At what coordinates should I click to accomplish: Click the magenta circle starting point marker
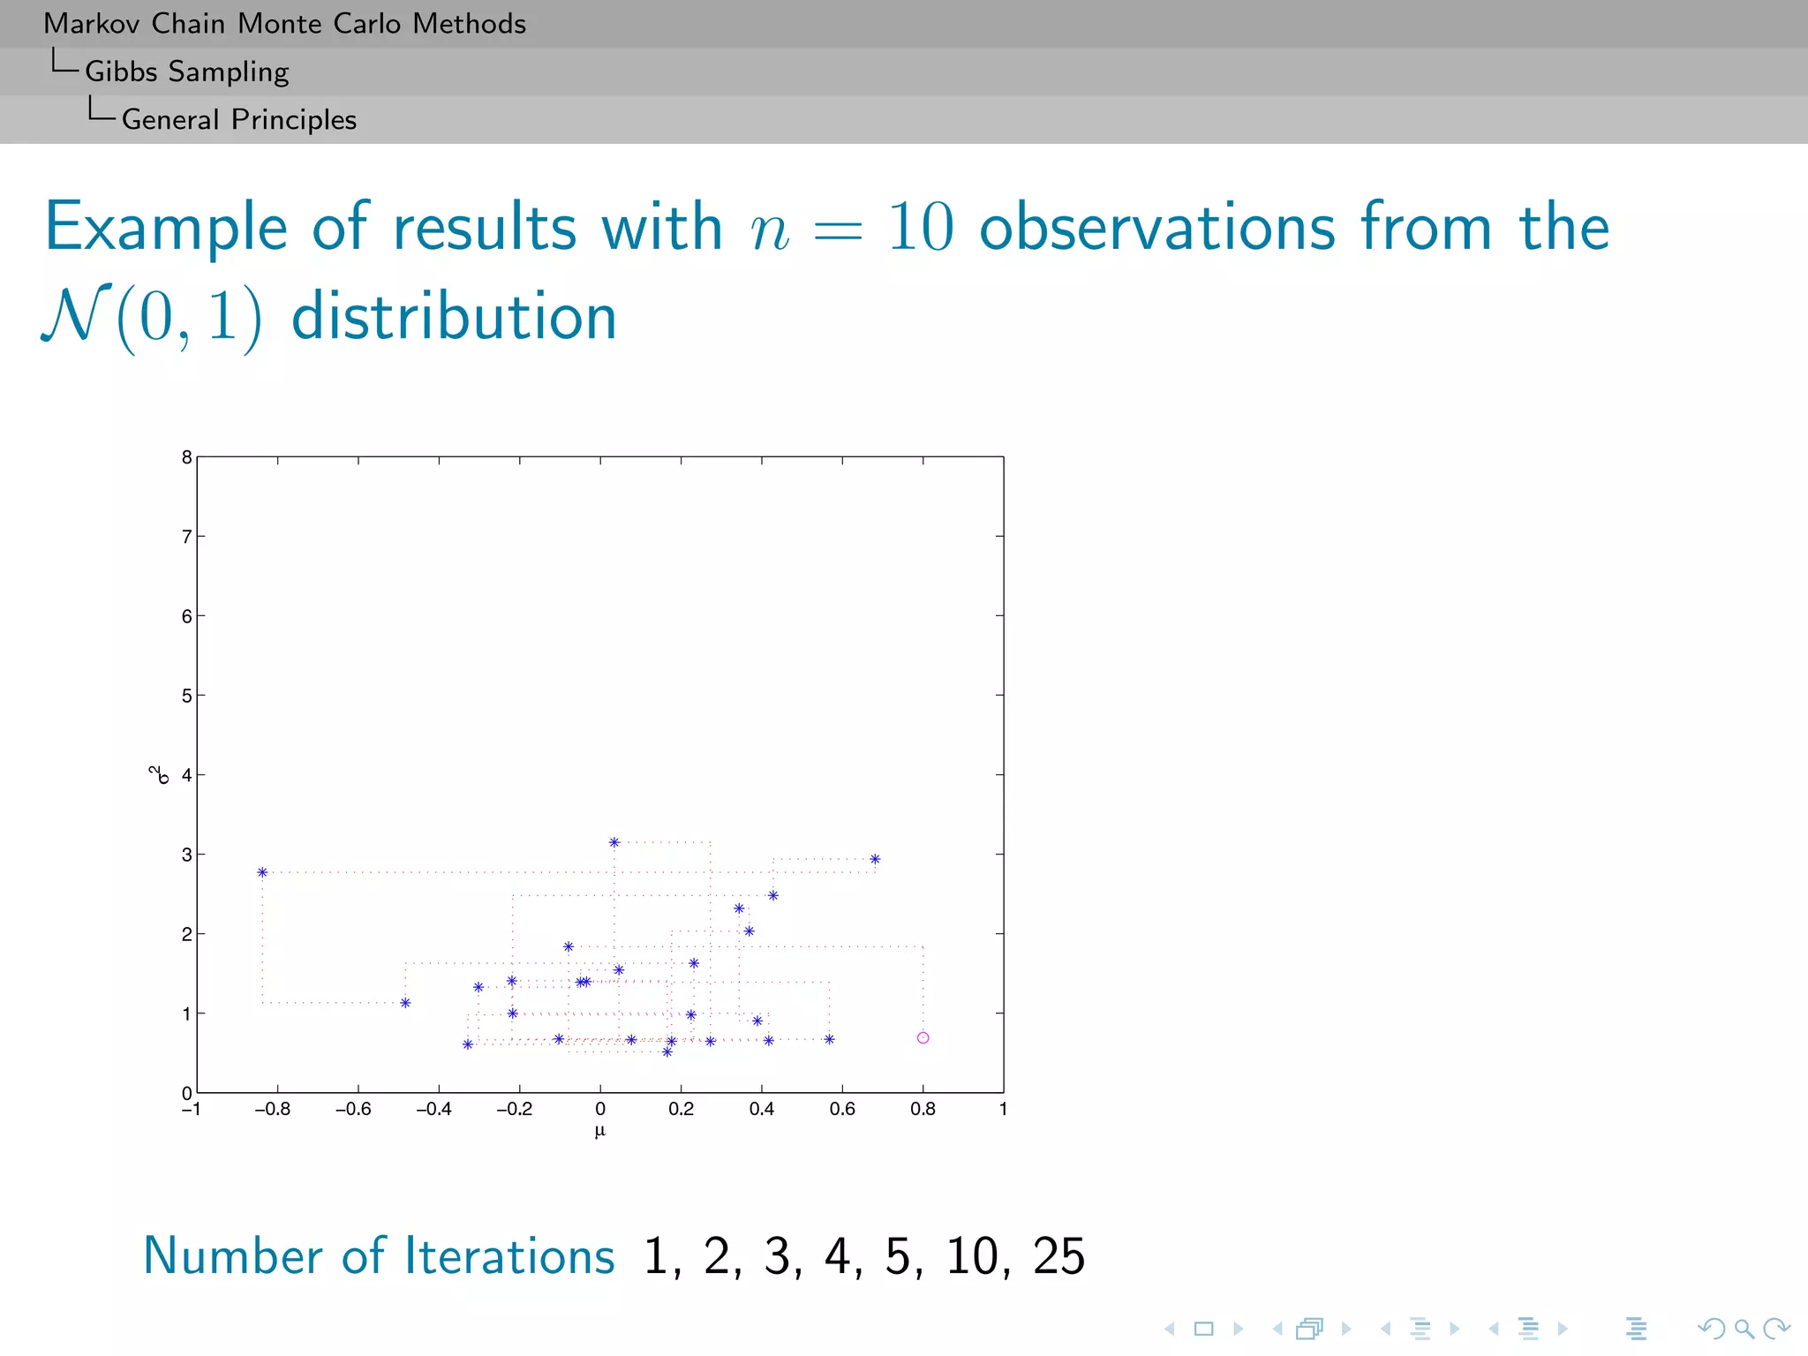(x=923, y=1037)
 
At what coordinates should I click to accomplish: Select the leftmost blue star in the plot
(x=262, y=872)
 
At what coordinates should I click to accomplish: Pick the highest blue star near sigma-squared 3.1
(x=614, y=842)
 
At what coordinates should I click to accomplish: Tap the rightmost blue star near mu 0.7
(x=875, y=859)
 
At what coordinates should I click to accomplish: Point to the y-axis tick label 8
(x=186, y=457)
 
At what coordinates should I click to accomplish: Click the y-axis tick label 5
(x=186, y=696)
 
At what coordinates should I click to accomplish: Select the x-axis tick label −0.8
(x=272, y=1109)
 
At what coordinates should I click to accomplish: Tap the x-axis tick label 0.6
(x=842, y=1109)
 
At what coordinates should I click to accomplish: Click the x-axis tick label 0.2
(x=681, y=1109)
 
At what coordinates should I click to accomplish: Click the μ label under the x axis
(x=600, y=1131)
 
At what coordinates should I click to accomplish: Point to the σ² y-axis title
(x=159, y=774)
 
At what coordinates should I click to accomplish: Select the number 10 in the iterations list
(x=972, y=1255)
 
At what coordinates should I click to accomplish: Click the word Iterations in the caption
(x=509, y=1255)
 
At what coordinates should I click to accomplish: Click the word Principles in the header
(x=294, y=119)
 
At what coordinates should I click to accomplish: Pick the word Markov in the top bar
(x=91, y=24)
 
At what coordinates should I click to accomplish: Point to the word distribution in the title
(x=454, y=317)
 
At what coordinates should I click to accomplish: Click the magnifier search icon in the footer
(x=1744, y=1329)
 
